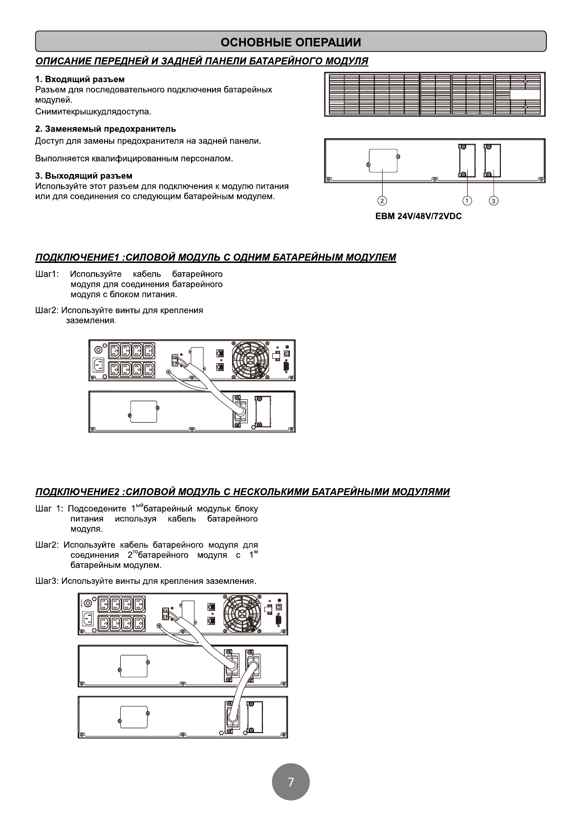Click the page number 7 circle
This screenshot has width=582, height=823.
click(291, 781)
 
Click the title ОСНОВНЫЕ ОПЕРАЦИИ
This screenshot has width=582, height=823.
click(291, 42)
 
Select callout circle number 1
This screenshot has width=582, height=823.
click(467, 200)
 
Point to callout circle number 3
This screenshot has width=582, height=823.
click(494, 200)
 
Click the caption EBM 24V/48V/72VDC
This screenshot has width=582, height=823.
click(418, 216)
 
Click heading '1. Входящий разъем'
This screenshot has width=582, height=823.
click(80, 79)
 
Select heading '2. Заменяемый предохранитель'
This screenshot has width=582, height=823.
click(106, 129)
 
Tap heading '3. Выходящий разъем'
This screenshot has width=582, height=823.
click(84, 175)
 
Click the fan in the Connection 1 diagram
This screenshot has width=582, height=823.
click(250, 359)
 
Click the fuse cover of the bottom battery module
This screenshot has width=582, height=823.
click(134, 716)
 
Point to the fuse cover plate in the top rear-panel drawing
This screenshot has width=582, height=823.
click(383, 161)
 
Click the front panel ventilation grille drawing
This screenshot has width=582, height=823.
click(434, 94)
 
